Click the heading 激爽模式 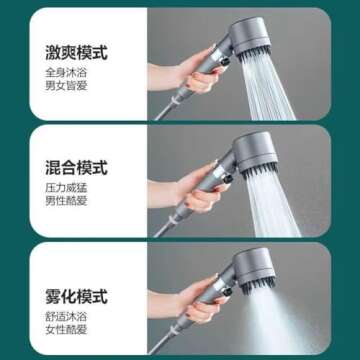(x=76, y=50)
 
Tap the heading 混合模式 (x=76, y=166)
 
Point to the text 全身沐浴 (x=64, y=72)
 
